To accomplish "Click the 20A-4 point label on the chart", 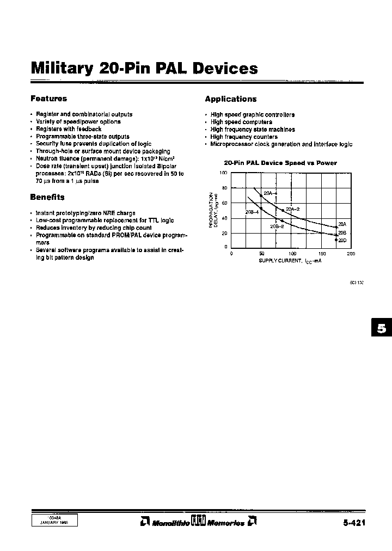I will click(x=271, y=193).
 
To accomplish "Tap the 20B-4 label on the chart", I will click(x=252, y=212).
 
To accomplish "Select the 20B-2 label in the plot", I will click(x=277, y=226).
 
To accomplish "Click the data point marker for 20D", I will click(x=336, y=240).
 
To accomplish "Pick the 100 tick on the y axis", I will click(x=223, y=173).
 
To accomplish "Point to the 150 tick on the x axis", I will click(x=322, y=254).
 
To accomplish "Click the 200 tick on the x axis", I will click(x=351, y=254).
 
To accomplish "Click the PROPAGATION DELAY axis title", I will click(x=215, y=210).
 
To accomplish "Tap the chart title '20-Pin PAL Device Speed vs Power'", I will click(x=280, y=163).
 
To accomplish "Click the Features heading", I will click(x=48, y=99).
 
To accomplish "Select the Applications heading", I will click(x=230, y=99).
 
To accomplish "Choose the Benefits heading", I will click(x=47, y=197).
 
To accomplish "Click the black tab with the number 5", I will click(x=382, y=328).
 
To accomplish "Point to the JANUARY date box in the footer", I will click(x=54, y=521).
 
